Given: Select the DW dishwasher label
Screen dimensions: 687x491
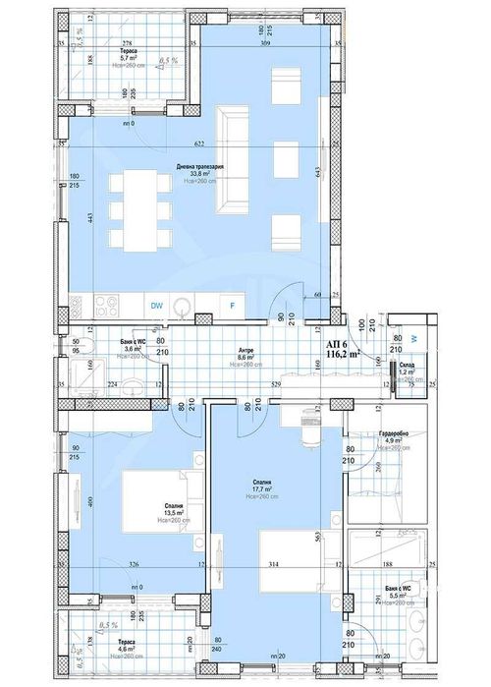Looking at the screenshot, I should pyautogui.click(x=156, y=307).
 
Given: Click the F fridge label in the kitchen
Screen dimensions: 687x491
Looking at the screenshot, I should pyautogui.click(x=232, y=307).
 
